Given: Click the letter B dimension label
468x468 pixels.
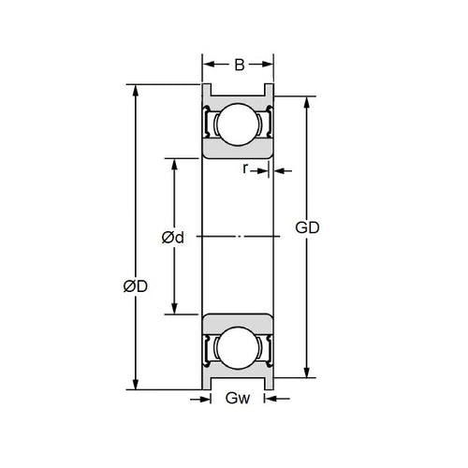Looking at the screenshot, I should point(239,65).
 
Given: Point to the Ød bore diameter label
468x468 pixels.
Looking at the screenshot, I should point(172,238).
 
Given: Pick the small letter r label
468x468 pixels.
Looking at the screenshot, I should point(245,169).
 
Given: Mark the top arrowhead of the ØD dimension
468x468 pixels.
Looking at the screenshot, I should point(137,92).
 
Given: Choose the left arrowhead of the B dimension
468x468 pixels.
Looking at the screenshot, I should point(208,65).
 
